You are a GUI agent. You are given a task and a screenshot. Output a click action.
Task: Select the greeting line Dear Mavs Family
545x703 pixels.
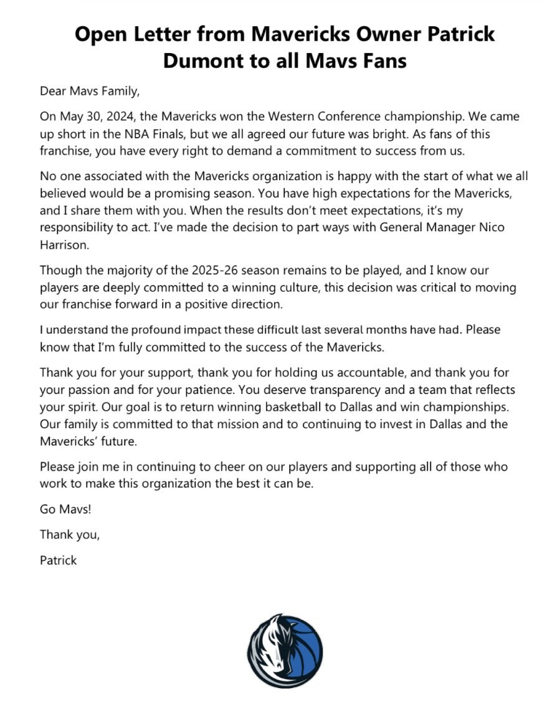click(x=90, y=91)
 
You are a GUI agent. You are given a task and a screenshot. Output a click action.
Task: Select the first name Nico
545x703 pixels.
click(x=493, y=227)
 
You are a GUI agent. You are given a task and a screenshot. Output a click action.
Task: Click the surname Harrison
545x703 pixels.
click(x=65, y=244)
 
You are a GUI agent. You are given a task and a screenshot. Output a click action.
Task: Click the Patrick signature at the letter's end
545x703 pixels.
click(x=59, y=560)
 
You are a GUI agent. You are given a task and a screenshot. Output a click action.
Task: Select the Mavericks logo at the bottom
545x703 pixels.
click(x=285, y=650)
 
